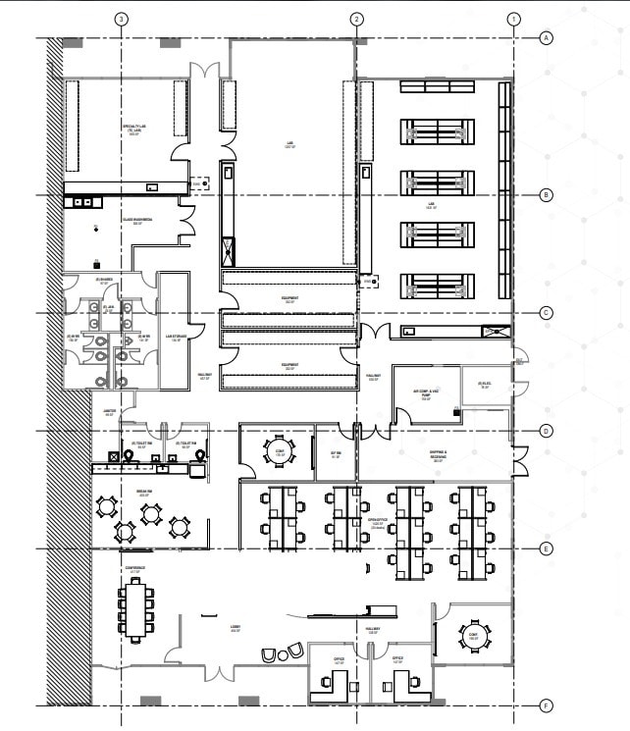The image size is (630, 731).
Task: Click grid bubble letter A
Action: coord(546,38)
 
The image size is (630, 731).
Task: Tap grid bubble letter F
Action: coord(546,705)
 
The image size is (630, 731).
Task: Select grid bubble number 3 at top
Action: coord(121,19)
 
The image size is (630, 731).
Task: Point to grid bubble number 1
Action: coord(513,19)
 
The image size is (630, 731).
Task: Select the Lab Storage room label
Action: coord(177,338)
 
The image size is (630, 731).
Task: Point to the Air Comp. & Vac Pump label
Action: coord(426,395)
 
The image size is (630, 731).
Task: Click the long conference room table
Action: coord(136,608)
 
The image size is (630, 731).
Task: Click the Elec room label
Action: coord(484,385)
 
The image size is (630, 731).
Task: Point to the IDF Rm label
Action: coord(336,453)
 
